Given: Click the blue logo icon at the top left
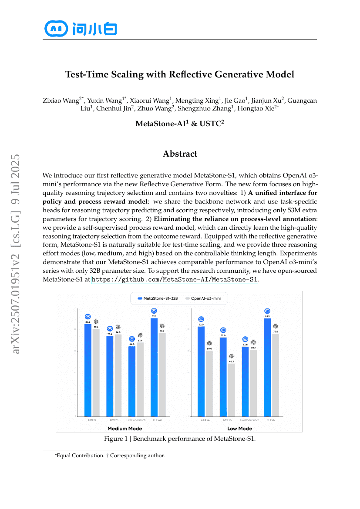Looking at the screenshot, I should coord(56,29).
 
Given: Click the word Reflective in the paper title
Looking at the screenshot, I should coord(196,74).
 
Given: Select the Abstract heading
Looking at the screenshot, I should coord(180,154).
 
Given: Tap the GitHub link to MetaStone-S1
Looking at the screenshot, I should coord(175,279).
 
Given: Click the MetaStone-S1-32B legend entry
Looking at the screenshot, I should coord(158,298).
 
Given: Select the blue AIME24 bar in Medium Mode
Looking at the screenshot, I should coord(88,370).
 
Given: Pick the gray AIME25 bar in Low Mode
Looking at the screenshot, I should coord(231,390).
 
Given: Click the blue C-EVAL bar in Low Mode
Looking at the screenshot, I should coord(267,368).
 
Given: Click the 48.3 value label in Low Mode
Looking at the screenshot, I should coord(231,361).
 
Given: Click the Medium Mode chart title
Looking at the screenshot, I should coord(123,429).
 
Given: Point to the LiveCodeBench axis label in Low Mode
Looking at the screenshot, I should coord(250,420).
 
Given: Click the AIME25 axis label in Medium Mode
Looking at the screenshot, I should coord(114,420).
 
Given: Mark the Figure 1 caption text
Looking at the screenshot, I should coord(179,439).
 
